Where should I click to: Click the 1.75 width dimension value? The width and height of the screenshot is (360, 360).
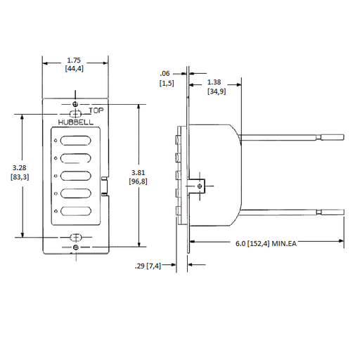74,60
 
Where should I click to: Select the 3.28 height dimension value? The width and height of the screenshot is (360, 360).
20,168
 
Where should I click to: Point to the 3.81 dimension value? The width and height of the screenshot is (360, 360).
139,173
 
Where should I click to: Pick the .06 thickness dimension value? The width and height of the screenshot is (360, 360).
165,74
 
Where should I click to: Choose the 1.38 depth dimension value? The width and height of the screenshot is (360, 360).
214,82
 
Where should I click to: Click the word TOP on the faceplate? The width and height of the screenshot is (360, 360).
96,110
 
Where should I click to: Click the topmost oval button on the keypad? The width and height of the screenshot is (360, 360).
75,141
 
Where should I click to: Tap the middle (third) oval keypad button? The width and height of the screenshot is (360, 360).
75,176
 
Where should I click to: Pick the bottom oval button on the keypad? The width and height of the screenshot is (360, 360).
75,211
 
